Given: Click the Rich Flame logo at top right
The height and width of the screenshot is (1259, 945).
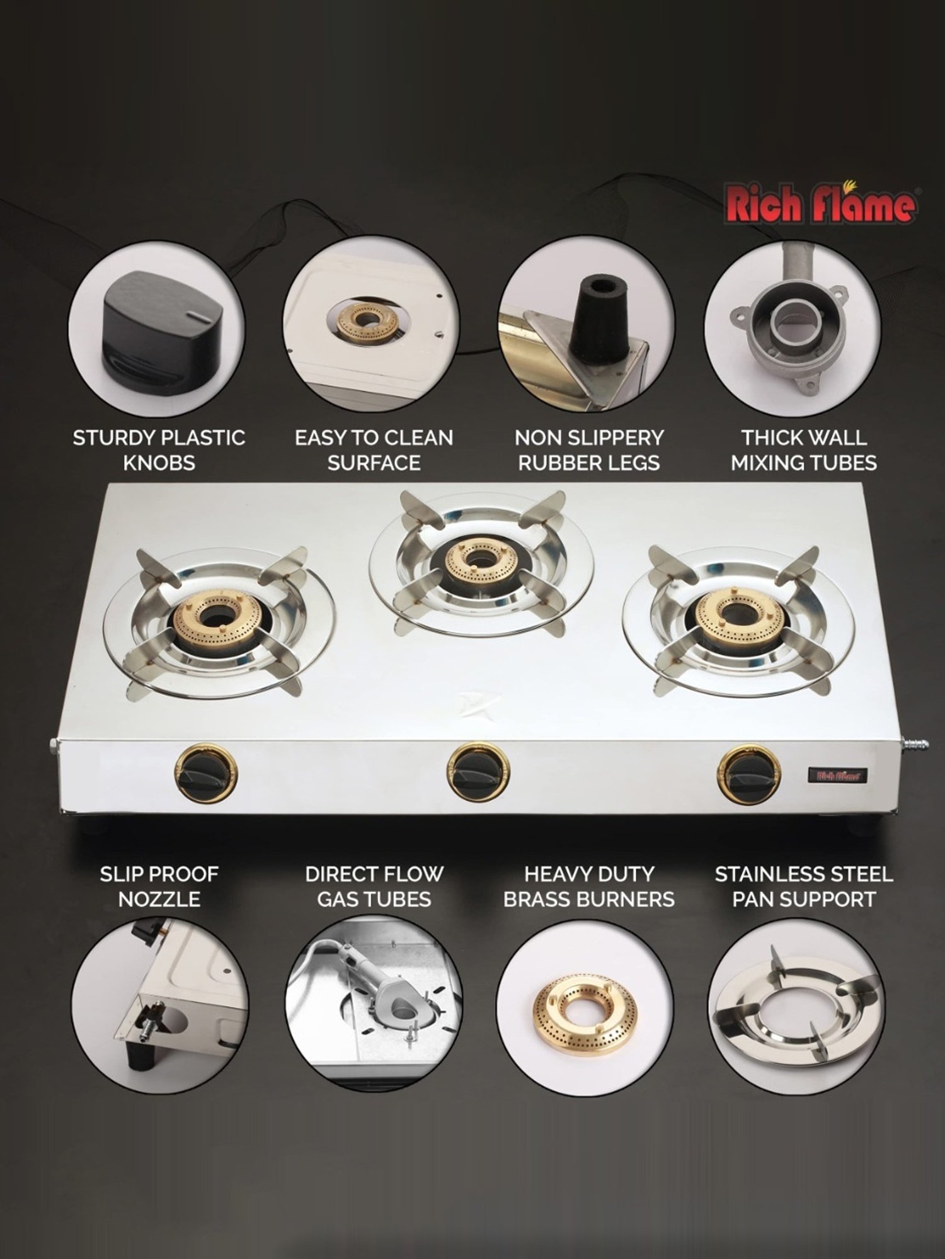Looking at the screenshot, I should point(821,204).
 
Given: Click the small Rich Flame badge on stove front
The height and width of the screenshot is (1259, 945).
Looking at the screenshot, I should point(838,776).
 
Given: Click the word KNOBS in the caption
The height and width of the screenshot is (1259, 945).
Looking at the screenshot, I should point(159,463).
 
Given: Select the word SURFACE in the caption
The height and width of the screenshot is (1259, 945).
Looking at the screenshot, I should point(374,463).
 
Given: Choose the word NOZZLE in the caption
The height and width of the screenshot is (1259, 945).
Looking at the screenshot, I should point(159,900).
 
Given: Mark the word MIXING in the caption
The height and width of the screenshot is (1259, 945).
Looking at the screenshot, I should point(767,463).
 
